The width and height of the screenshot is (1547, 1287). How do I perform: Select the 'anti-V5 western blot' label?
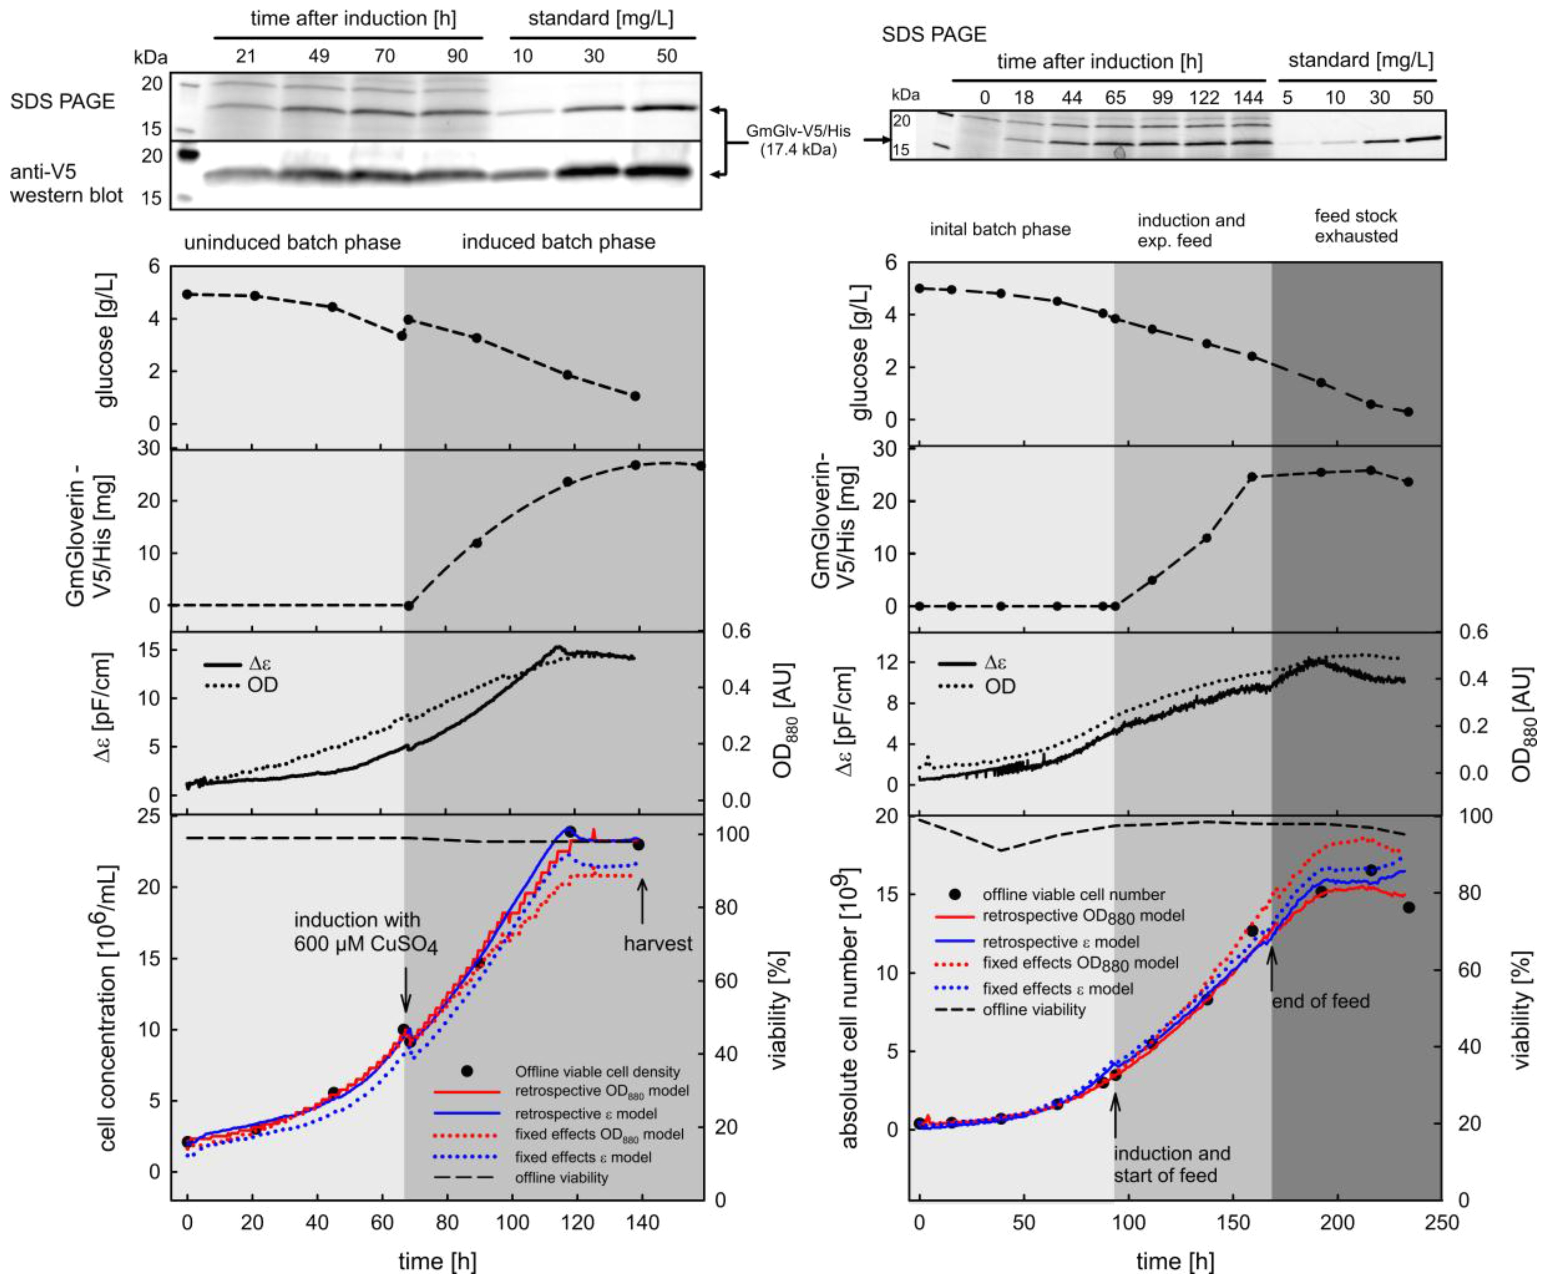click(66, 182)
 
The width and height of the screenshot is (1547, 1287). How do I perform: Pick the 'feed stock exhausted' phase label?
click(1356, 226)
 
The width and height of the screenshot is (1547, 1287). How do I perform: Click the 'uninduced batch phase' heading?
click(293, 243)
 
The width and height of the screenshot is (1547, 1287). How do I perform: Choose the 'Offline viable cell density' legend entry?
click(597, 1072)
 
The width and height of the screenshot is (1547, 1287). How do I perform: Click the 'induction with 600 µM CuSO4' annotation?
click(365, 932)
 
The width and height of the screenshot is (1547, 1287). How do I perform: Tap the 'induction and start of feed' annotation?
click(1171, 1164)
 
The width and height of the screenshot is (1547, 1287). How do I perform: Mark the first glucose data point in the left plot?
click(187, 294)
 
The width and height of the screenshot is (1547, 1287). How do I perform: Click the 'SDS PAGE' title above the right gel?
click(934, 34)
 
